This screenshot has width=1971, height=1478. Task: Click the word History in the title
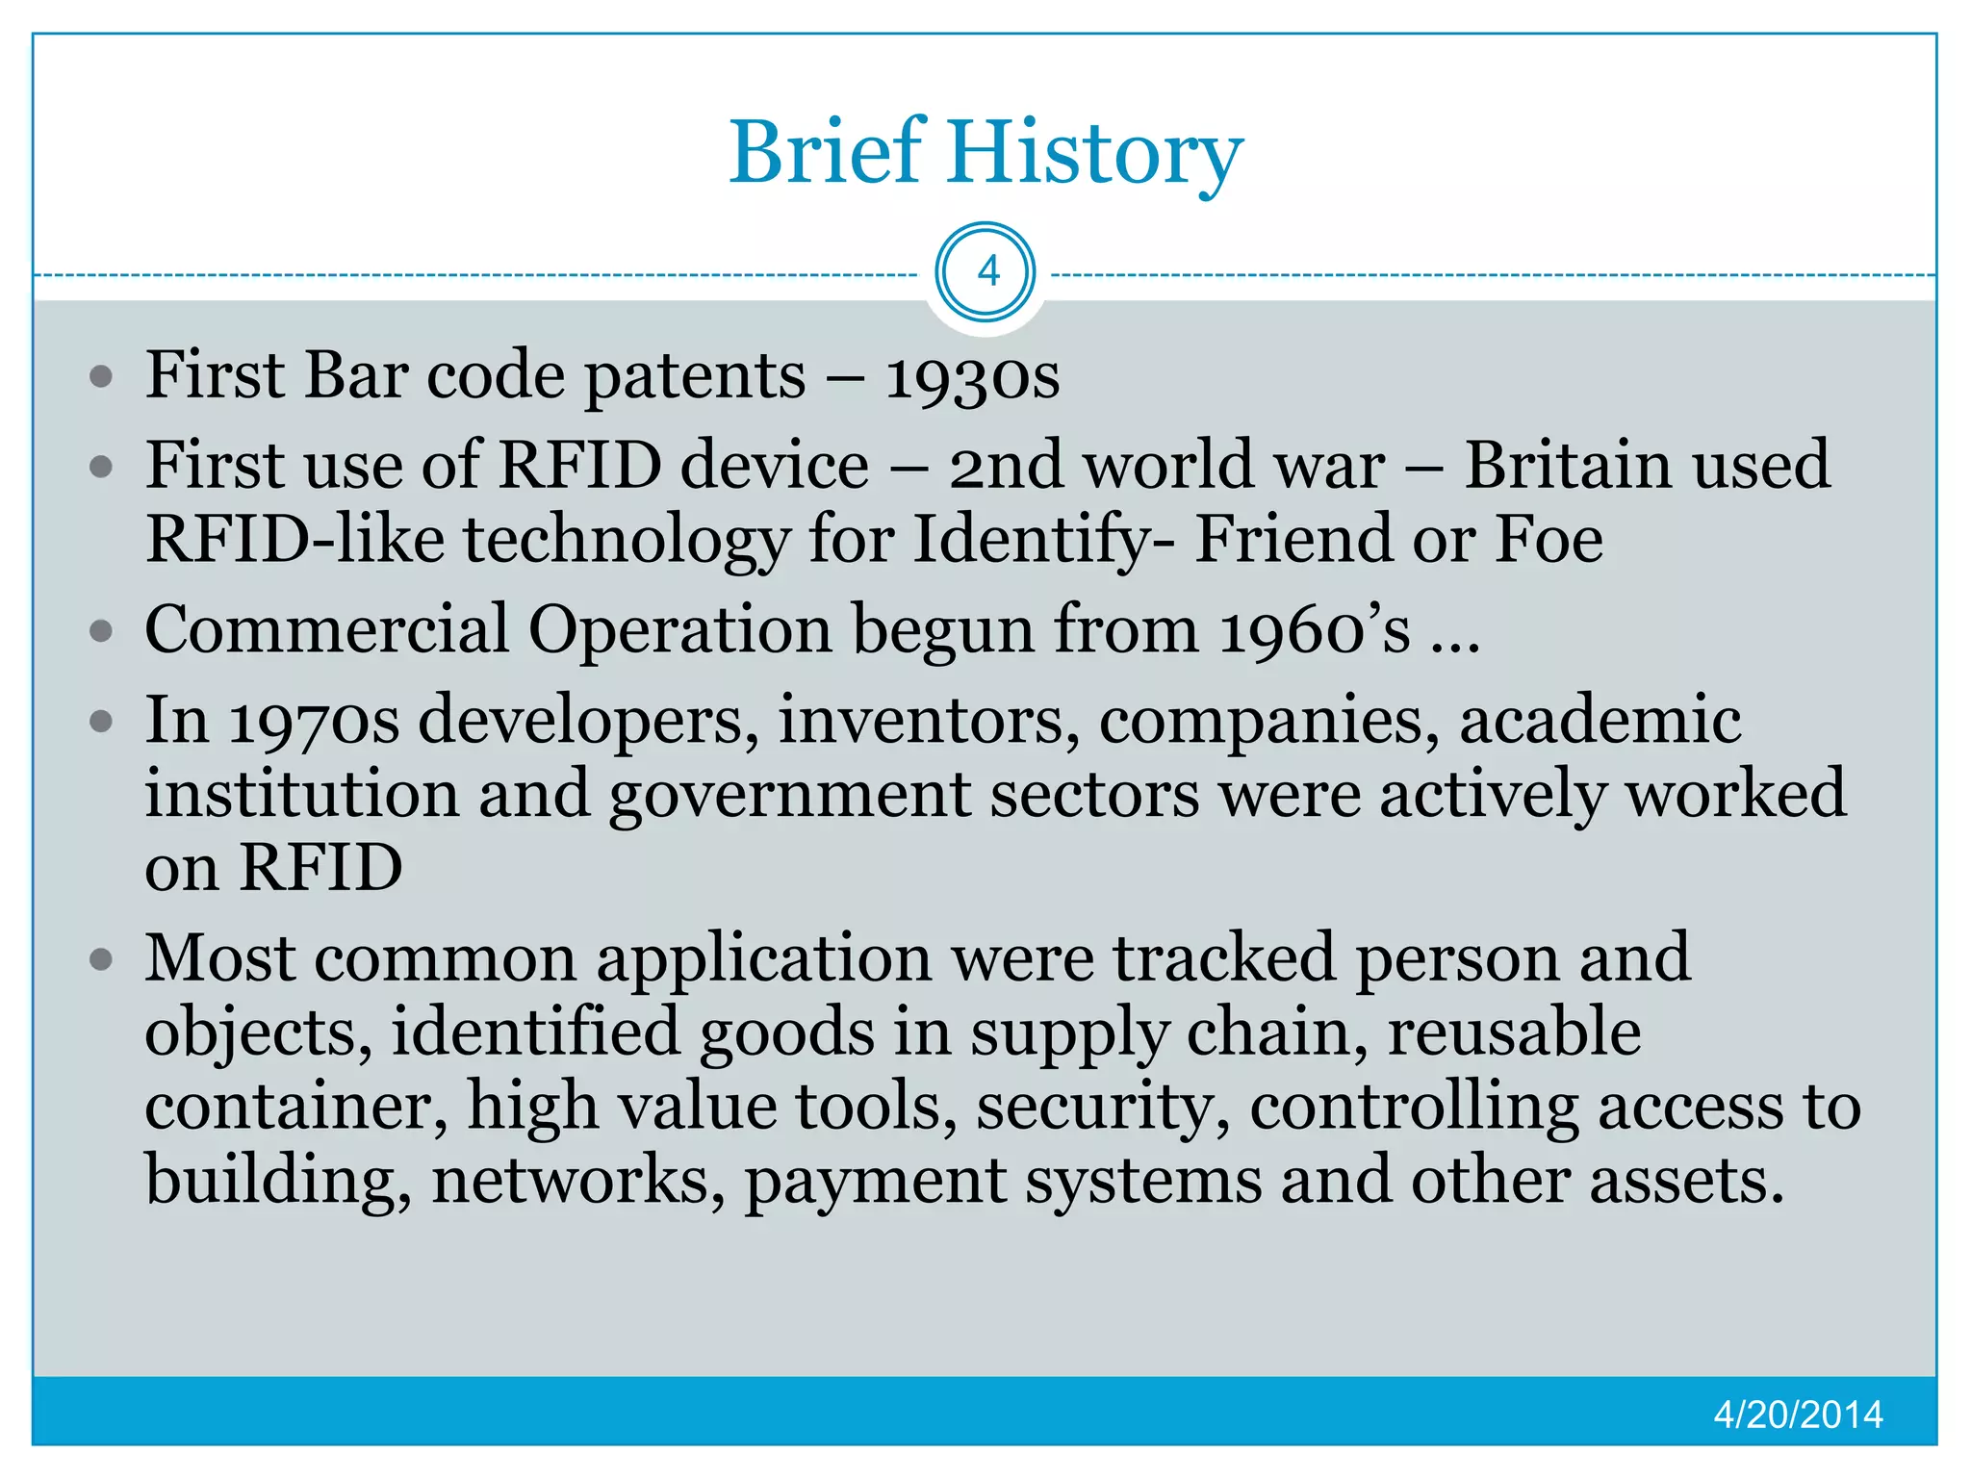(1095, 154)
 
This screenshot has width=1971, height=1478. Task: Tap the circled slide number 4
(986, 272)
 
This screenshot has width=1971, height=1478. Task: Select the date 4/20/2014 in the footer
(1798, 1414)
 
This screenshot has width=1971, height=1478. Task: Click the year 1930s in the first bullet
(972, 376)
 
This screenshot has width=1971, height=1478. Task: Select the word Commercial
(326, 630)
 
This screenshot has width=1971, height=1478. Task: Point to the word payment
(875, 1182)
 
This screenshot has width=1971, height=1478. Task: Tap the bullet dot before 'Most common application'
(101, 959)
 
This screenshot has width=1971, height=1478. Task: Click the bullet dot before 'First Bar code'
(101, 376)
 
